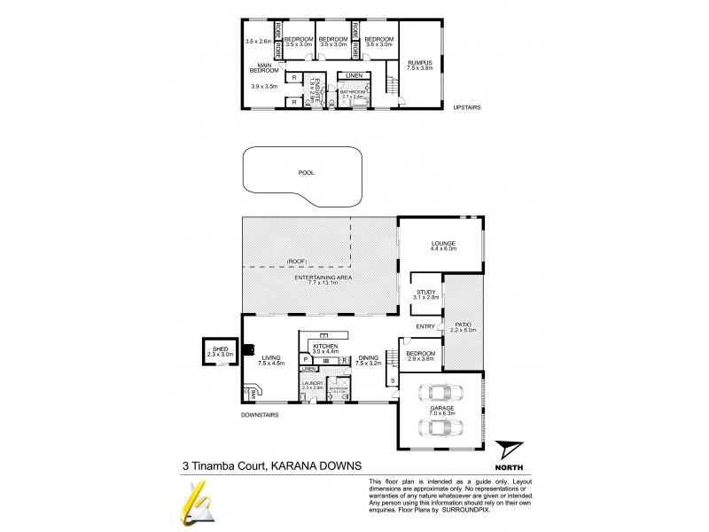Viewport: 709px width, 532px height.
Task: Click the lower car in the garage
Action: [x=439, y=426]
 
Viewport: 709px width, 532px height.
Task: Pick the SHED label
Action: [x=219, y=348]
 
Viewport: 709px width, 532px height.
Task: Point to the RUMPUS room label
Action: [x=418, y=62]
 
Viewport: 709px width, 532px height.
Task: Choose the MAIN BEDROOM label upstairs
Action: [x=264, y=68]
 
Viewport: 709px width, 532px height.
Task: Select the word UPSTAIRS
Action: [x=466, y=107]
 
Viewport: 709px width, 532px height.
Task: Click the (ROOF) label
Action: [x=297, y=262]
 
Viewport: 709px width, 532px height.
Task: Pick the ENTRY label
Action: [x=425, y=327]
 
